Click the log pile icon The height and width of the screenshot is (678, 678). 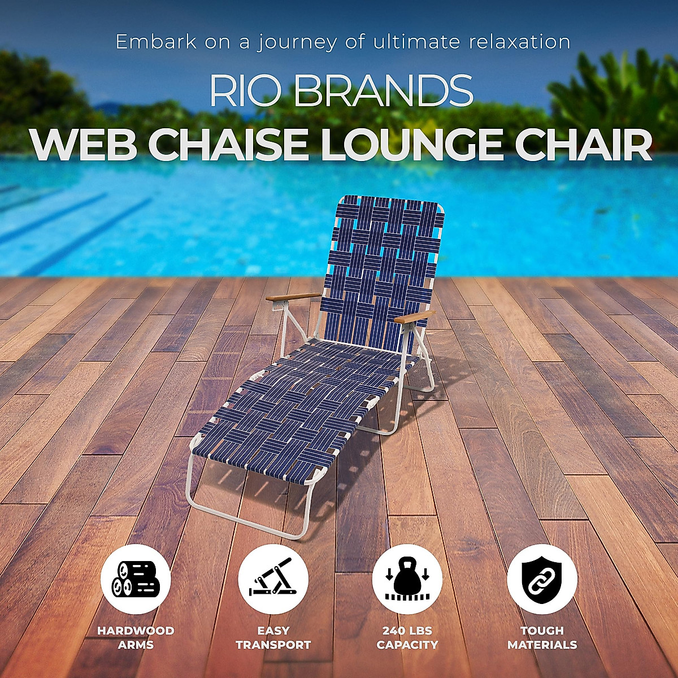point(136,579)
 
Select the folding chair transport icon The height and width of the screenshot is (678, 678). point(273,579)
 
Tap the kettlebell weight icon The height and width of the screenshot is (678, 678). point(407,579)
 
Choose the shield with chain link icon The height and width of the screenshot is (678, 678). point(542,579)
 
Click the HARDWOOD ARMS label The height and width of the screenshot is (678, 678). point(136,637)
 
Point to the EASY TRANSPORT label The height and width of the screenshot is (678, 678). point(273,637)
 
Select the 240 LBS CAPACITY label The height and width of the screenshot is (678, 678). point(407,637)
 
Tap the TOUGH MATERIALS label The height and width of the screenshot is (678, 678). point(542,637)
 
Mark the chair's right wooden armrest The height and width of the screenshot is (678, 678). point(415,317)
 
